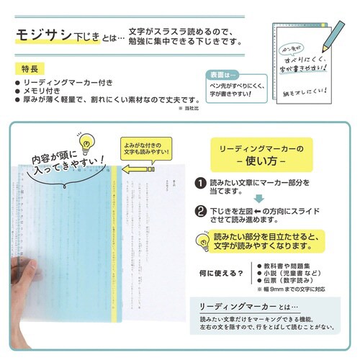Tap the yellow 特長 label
tap(27, 69)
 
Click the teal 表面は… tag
tap(219, 73)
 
